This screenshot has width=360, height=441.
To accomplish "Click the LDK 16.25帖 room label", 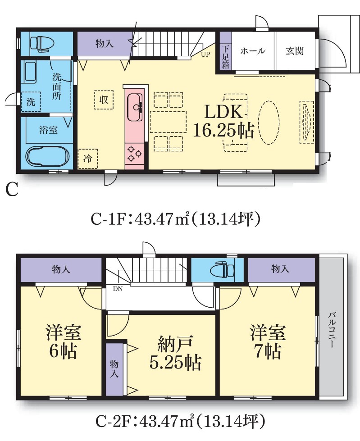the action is pyautogui.click(x=223, y=121).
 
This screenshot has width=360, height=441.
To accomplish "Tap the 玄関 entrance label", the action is pyautogui.click(x=295, y=51).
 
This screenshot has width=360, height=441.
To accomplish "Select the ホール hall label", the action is pyautogui.click(x=253, y=51).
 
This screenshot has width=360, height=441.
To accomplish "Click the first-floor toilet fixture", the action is pyautogui.click(x=42, y=44).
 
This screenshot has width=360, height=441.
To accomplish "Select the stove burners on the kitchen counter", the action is pyautogui.click(x=135, y=154).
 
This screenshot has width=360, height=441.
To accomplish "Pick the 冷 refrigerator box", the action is pyautogui.click(x=88, y=159).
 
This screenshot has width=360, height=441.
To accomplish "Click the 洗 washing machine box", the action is pyautogui.click(x=31, y=101).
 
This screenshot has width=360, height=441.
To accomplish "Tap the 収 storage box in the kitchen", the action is pyautogui.click(x=104, y=100).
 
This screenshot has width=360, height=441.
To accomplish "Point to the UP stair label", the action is pyautogui.click(x=205, y=55).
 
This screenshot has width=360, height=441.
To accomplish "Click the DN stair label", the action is pyautogui.click(x=118, y=289).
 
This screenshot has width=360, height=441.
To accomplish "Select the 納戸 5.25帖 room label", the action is pyautogui.click(x=175, y=352).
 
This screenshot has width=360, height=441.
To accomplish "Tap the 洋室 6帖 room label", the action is pyautogui.click(x=63, y=342).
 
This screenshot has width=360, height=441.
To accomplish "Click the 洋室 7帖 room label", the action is pyautogui.click(x=268, y=342).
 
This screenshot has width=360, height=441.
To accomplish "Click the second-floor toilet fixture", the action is pyautogui.click(x=223, y=269).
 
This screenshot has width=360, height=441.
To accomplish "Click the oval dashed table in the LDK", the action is pyautogui.click(x=269, y=123).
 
